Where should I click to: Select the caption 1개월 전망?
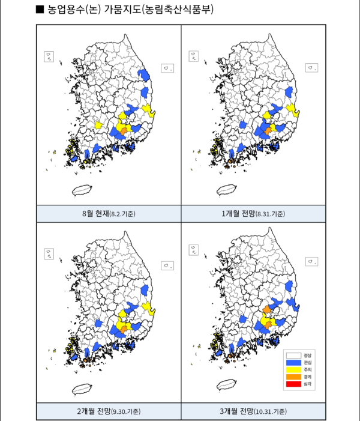pyautogui.click(x=239, y=214)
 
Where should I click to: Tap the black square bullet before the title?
pyautogui.click(x=40, y=10)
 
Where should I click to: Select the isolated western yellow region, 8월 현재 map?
pyautogui.click(x=100, y=125)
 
